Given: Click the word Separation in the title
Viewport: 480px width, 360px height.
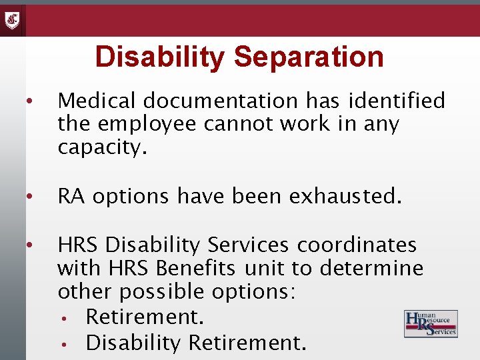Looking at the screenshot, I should coord(308,57).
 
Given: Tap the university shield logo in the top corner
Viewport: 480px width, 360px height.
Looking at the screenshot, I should coord(13,20).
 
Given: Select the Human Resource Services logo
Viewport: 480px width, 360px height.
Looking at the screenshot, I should coord(431,323).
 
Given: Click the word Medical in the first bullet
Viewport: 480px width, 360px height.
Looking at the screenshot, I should coord(97,101).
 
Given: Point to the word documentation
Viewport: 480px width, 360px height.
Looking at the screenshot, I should coord(221,101).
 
